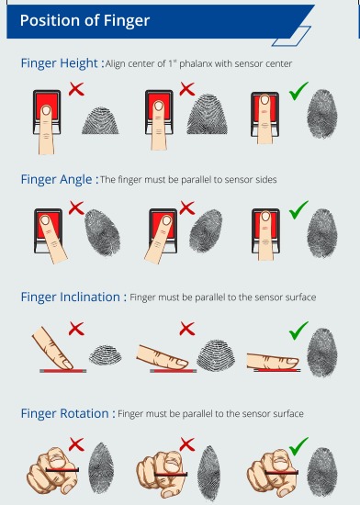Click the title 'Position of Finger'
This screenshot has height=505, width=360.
(84, 19)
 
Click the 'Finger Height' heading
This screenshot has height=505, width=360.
(59, 63)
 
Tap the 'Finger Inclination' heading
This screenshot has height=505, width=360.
(72, 297)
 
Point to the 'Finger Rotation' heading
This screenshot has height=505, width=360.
(66, 414)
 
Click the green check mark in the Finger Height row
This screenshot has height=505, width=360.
(298, 91)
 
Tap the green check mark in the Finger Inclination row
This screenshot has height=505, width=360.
(298, 328)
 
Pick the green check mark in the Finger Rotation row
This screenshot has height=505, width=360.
(298, 446)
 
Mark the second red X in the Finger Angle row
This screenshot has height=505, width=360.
(187, 208)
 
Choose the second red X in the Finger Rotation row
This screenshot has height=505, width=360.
(187, 445)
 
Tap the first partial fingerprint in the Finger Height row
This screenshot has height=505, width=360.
(100, 119)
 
